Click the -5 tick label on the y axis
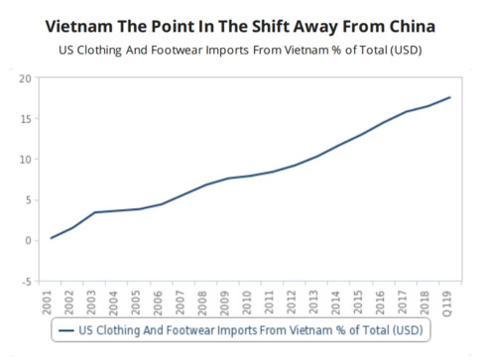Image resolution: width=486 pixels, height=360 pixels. click(24, 281)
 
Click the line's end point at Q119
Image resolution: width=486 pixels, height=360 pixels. click(451, 97)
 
